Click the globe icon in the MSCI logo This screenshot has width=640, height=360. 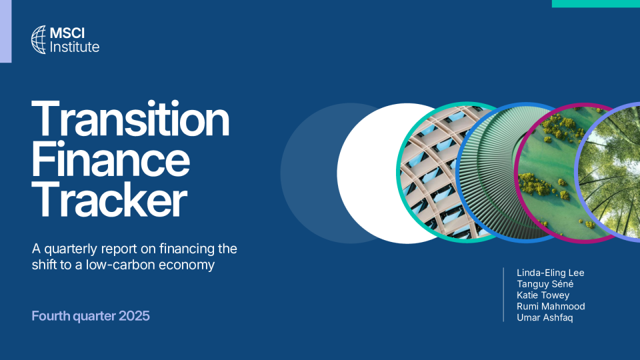tap(39, 39)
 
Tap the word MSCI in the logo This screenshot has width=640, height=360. tap(67, 33)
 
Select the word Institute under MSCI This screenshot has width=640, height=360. tap(74, 47)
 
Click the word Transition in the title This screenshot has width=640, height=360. tap(130, 119)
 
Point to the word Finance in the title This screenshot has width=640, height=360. tap(111, 159)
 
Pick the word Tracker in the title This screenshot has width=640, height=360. tap(109, 199)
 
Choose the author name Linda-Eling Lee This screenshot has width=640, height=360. tap(550, 273)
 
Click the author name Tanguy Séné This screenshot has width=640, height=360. tap(545, 284)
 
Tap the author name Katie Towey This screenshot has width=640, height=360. tap(543, 295)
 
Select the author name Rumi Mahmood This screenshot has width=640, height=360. tap(551, 306)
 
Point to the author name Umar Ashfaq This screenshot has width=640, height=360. tap(545, 317)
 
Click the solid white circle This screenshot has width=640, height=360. tap(367, 173)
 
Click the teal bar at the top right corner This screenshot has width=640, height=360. tap(596, 4)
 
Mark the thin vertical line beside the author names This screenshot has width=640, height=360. tap(504, 295)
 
